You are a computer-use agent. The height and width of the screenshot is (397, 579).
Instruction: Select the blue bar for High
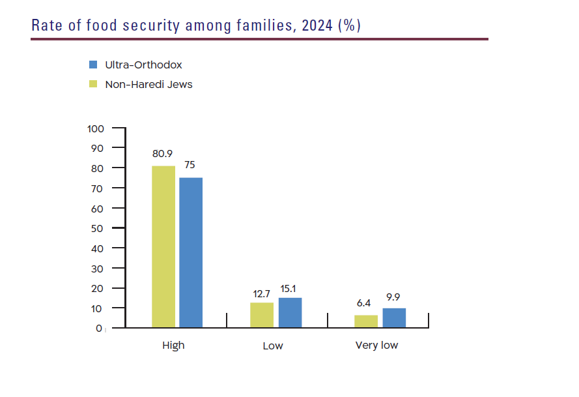pos(191,252)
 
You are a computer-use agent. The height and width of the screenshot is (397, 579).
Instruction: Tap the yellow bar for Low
pos(262,315)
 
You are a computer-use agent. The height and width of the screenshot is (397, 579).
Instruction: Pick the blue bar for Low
pos(290,312)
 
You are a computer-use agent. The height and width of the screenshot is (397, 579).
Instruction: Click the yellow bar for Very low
pos(366,321)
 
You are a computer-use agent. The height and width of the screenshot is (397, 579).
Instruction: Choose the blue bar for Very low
pos(394,317)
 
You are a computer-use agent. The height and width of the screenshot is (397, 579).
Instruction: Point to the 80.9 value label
pos(163,154)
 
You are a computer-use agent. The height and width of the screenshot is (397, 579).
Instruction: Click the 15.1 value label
pos(290,287)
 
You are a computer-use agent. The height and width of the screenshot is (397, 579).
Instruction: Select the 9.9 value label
pos(393,297)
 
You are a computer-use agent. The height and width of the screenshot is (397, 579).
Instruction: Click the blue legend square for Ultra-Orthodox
pos(93,65)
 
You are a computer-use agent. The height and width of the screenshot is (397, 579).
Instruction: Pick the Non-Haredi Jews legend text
pos(148,84)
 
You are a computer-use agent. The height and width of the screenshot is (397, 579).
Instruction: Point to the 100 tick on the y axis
pos(95,128)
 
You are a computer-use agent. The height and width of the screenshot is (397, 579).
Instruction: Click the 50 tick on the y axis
pos(97,228)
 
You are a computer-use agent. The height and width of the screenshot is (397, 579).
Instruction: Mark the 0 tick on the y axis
pos(100,328)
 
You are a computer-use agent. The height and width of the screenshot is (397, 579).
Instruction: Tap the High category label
pos(173,346)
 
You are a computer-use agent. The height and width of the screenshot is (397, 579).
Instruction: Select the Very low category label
pos(376,346)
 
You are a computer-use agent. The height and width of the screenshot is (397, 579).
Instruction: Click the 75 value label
pos(190,165)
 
